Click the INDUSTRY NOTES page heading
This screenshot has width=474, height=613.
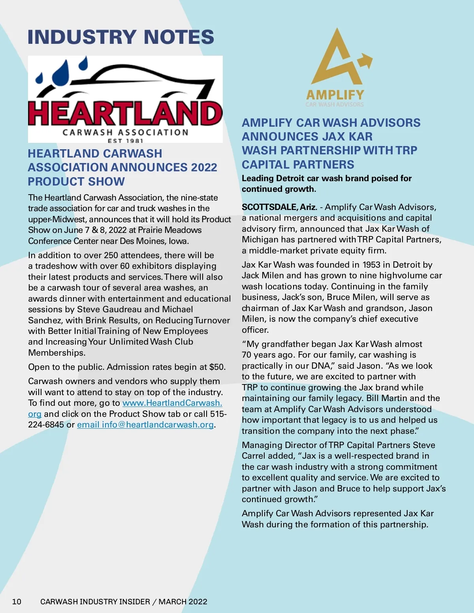tap(120, 37)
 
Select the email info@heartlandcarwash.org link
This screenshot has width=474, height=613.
tap(146, 425)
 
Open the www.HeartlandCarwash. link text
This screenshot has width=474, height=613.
tap(172, 403)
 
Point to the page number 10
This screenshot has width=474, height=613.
tap(17, 602)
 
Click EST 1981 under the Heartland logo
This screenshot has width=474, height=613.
tap(125, 141)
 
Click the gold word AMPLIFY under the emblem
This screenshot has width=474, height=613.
tap(335, 95)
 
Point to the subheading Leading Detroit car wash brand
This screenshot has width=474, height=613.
tap(327, 178)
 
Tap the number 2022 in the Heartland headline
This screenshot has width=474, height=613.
tap(204, 167)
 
